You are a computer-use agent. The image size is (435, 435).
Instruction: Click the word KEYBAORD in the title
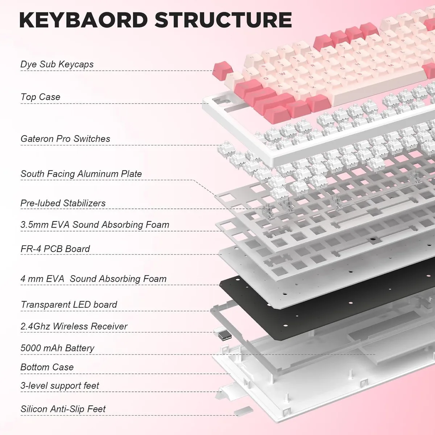click(x=83, y=20)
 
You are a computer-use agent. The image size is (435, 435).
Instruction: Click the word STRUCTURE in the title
click(x=223, y=20)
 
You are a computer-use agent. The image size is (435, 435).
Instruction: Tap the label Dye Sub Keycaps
click(x=57, y=64)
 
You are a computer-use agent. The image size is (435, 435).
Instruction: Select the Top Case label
click(x=40, y=97)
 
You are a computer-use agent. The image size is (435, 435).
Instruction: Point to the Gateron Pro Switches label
click(x=65, y=138)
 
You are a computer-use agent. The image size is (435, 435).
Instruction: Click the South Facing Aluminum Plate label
click(x=81, y=174)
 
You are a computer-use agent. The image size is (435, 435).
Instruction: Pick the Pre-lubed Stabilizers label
click(x=63, y=203)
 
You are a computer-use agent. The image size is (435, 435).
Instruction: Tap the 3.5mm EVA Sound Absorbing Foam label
click(x=95, y=225)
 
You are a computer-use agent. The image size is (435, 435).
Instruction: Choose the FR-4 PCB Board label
click(x=55, y=249)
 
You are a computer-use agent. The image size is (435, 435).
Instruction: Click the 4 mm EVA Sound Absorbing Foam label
click(x=94, y=279)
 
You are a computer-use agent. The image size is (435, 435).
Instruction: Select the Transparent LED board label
click(x=69, y=304)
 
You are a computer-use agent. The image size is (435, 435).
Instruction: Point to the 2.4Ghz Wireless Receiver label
click(x=74, y=326)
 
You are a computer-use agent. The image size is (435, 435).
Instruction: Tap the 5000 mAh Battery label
click(x=57, y=348)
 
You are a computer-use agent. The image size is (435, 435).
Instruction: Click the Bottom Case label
click(x=47, y=367)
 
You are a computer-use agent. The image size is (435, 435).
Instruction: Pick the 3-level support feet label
click(x=59, y=386)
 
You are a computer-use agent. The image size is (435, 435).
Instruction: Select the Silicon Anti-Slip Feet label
click(x=63, y=409)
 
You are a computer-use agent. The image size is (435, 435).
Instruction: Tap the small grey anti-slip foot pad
click(x=244, y=411)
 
